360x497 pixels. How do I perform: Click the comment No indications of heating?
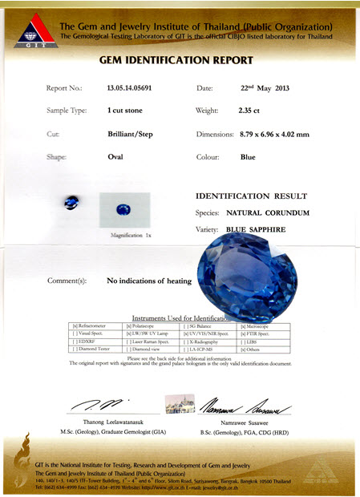coord(149,281)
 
